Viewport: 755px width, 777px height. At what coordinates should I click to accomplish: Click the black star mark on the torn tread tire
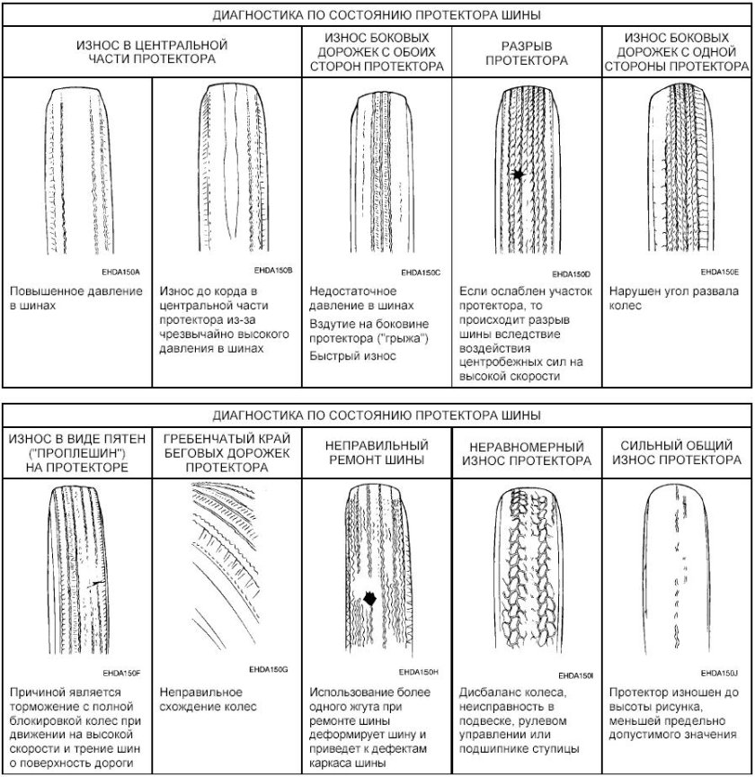coord(517,174)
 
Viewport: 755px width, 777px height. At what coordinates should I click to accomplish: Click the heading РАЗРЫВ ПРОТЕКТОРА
coord(527,52)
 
